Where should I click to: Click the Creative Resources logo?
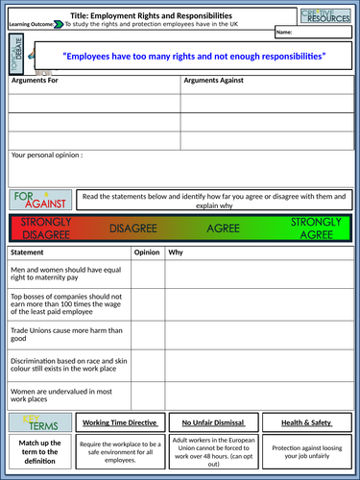(x=327, y=17)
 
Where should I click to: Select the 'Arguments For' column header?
(x=34, y=81)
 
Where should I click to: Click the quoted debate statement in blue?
(x=194, y=59)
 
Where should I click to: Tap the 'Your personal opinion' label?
(x=47, y=154)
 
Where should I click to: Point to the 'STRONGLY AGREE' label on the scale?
(x=316, y=228)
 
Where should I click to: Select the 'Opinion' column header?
(x=147, y=252)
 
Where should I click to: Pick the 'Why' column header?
(x=177, y=252)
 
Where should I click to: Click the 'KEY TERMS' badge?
(x=37, y=423)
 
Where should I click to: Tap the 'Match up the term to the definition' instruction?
(x=40, y=453)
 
